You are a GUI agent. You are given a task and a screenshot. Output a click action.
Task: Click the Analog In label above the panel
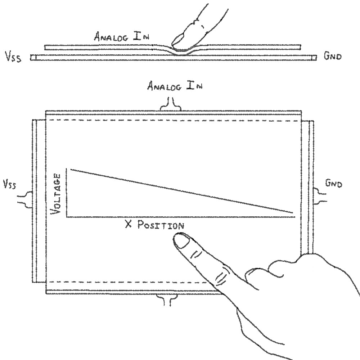point(175,86)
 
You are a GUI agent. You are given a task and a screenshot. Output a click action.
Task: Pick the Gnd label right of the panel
point(333,184)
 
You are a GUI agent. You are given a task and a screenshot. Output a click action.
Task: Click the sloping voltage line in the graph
point(180,191)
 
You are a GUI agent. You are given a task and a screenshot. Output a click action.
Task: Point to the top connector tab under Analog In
point(171,105)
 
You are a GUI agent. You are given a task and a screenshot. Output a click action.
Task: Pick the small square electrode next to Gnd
point(314,58)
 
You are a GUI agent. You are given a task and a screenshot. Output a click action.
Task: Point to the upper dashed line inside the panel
point(173,120)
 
